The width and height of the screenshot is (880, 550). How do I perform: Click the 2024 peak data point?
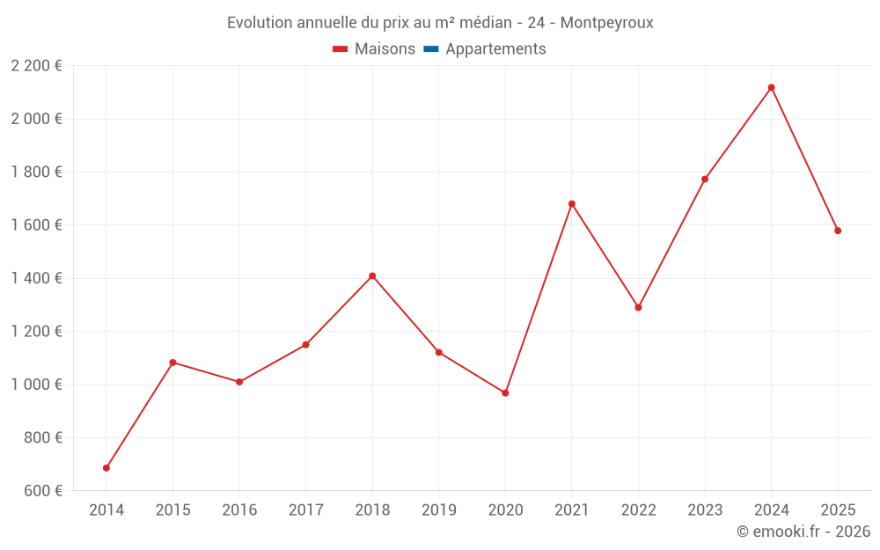[x=771, y=87]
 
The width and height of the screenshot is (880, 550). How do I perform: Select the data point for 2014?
[x=106, y=468]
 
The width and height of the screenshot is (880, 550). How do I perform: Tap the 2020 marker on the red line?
[x=505, y=392]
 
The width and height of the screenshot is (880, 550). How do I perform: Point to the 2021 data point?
[x=572, y=204]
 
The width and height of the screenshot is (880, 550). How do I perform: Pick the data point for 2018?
[x=372, y=276]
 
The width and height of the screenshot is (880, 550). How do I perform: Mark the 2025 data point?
[x=838, y=231]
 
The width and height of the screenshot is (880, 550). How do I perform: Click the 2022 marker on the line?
[x=638, y=307]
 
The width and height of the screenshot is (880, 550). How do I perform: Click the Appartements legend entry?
[x=495, y=49]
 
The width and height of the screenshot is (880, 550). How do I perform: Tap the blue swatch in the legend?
[x=431, y=49]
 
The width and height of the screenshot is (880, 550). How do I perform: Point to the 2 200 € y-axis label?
[x=36, y=66]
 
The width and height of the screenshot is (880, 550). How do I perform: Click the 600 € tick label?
[x=42, y=491]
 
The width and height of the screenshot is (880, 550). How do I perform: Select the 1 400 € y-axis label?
[x=36, y=278]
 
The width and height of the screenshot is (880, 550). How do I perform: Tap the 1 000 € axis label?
[x=36, y=385]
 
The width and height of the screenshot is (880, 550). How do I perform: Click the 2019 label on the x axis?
[x=439, y=510]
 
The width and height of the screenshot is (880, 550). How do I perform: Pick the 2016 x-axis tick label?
[x=239, y=510]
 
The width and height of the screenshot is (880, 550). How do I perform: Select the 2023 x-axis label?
[x=705, y=510]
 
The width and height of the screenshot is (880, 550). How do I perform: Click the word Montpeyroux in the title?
[x=607, y=23]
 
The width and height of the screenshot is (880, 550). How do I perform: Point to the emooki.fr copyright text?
[x=803, y=532]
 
